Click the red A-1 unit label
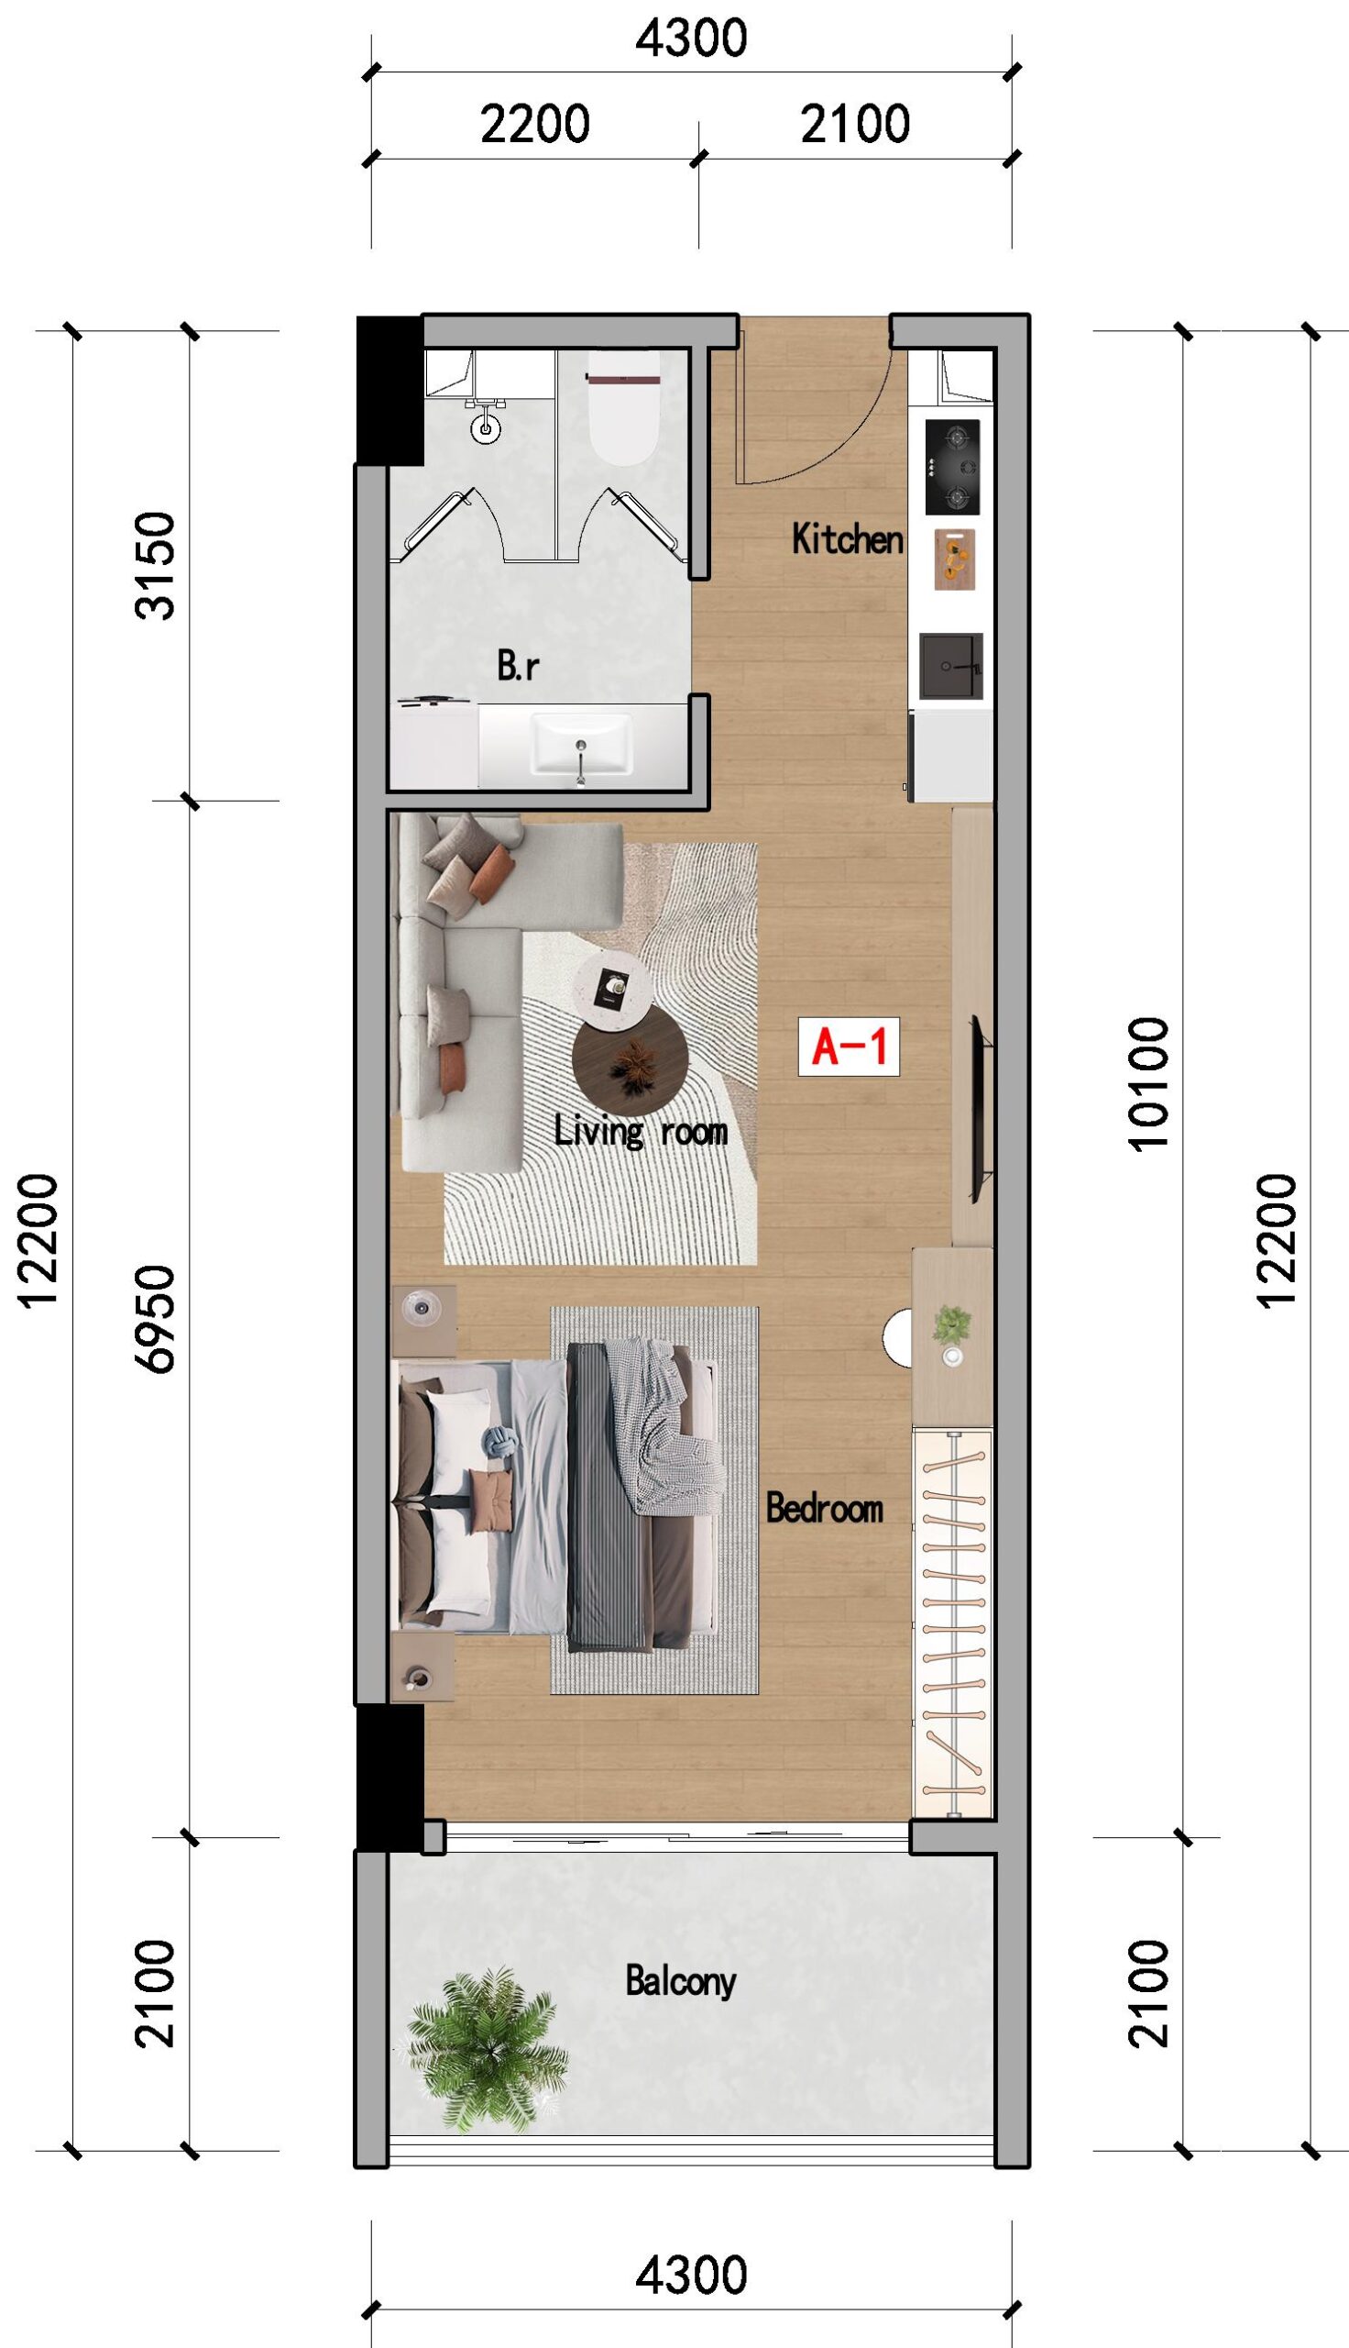click(x=849, y=1047)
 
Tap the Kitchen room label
click(x=847, y=538)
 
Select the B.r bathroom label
click(x=518, y=665)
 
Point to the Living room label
click(x=642, y=1131)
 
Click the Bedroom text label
click(x=825, y=1508)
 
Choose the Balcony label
click(x=681, y=1981)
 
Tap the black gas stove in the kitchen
click(x=953, y=467)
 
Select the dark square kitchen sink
click(x=950, y=667)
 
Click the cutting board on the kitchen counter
click(x=954, y=559)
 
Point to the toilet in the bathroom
click(x=622, y=407)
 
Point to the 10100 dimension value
click(x=1148, y=1083)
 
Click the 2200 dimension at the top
click(x=534, y=123)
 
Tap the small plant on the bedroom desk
click(x=952, y=1324)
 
